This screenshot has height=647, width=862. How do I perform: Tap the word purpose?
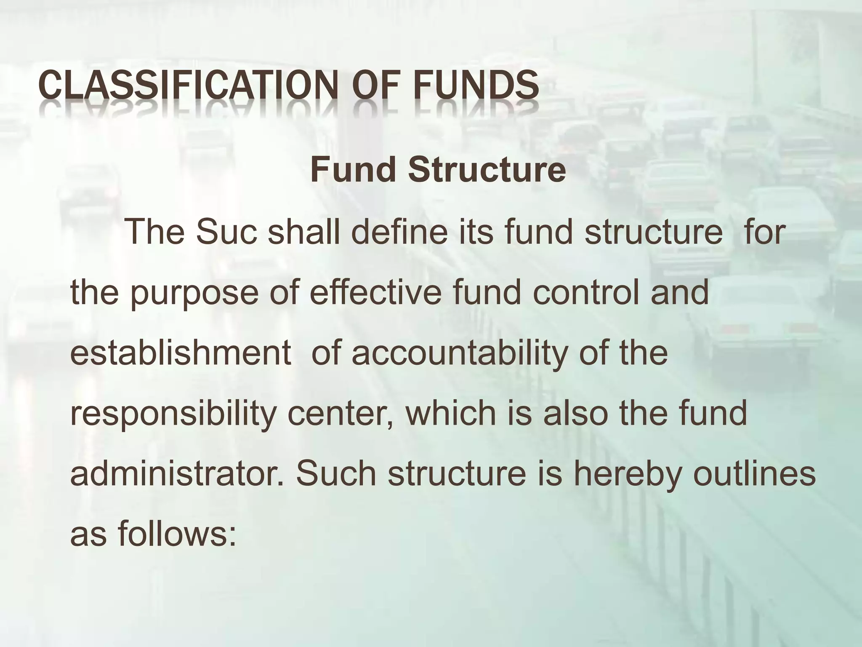194,294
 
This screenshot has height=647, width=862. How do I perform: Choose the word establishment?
181,353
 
